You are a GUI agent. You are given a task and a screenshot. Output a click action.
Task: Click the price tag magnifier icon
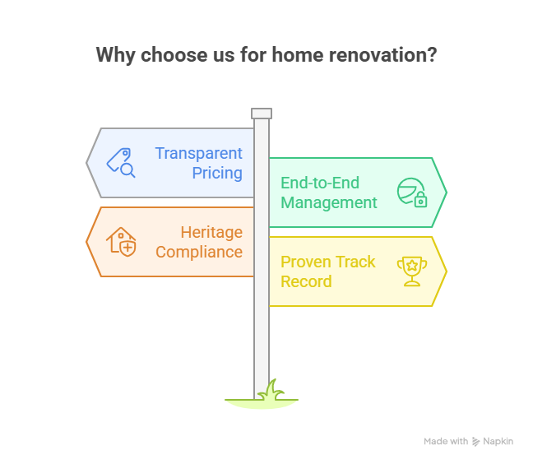[121, 162]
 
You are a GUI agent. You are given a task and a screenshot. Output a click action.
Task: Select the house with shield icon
[121, 241]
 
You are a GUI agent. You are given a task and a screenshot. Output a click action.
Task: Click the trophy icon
[410, 271]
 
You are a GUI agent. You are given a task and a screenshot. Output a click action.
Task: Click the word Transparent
[199, 153]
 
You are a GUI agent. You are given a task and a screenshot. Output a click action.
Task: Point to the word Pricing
[217, 173]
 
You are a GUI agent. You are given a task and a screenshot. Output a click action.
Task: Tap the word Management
[329, 202]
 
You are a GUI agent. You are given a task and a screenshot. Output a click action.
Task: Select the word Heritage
[211, 232]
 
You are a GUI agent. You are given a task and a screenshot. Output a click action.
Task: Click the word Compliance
[199, 252]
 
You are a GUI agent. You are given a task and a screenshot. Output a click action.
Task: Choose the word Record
[306, 281]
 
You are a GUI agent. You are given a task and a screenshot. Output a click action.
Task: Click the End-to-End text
[320, 183]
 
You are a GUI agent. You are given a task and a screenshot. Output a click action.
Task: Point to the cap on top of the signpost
[262, 114]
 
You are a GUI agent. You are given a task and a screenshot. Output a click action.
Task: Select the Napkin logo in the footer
[493, 442]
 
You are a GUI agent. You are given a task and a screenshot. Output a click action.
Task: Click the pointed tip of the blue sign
[89, 162]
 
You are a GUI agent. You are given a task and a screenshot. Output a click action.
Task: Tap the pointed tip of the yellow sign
[445, 271]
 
